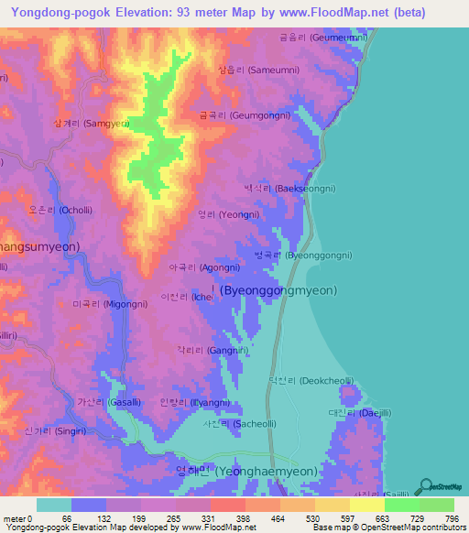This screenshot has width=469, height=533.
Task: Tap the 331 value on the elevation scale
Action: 207,518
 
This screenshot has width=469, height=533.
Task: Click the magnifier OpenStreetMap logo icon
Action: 425,485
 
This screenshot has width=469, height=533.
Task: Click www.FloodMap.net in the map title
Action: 318,12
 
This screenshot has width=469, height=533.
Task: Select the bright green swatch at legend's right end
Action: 436,505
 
